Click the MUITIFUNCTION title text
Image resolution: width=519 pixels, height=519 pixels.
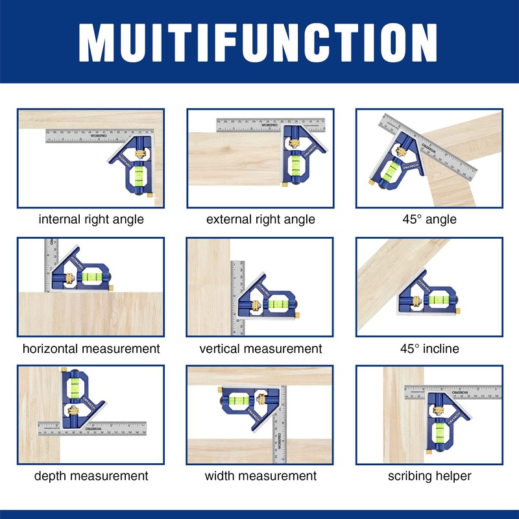click(259, 42)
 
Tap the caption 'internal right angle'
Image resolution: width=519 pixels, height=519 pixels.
click(91, 219)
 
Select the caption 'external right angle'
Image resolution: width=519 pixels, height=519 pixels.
click(260, 219)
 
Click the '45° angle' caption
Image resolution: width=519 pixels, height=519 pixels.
click(429, 219)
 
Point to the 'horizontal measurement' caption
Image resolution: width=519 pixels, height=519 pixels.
click(91, 348)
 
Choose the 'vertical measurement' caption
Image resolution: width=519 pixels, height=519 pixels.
click(260, 348)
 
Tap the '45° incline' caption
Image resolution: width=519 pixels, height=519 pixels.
click(429, 348)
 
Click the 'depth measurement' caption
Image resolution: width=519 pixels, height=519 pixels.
click(91, 476)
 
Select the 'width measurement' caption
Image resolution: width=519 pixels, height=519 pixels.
click(260, 476)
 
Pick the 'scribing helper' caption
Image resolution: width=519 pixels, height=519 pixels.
click(429, 476)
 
